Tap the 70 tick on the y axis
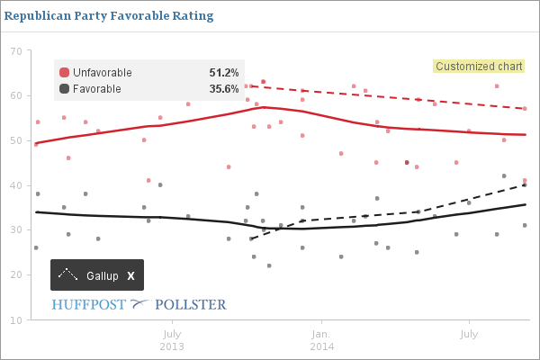16,50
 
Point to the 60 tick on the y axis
16,95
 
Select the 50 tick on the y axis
16,140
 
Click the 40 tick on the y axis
16,185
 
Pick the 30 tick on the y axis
16,230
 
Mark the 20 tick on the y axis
16,275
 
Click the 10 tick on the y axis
16,320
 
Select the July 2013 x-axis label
172,339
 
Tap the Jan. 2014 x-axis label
321,339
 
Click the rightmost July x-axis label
468,334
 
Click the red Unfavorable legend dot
64,72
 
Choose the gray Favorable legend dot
64,88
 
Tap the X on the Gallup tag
130,275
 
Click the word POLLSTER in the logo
187,304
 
